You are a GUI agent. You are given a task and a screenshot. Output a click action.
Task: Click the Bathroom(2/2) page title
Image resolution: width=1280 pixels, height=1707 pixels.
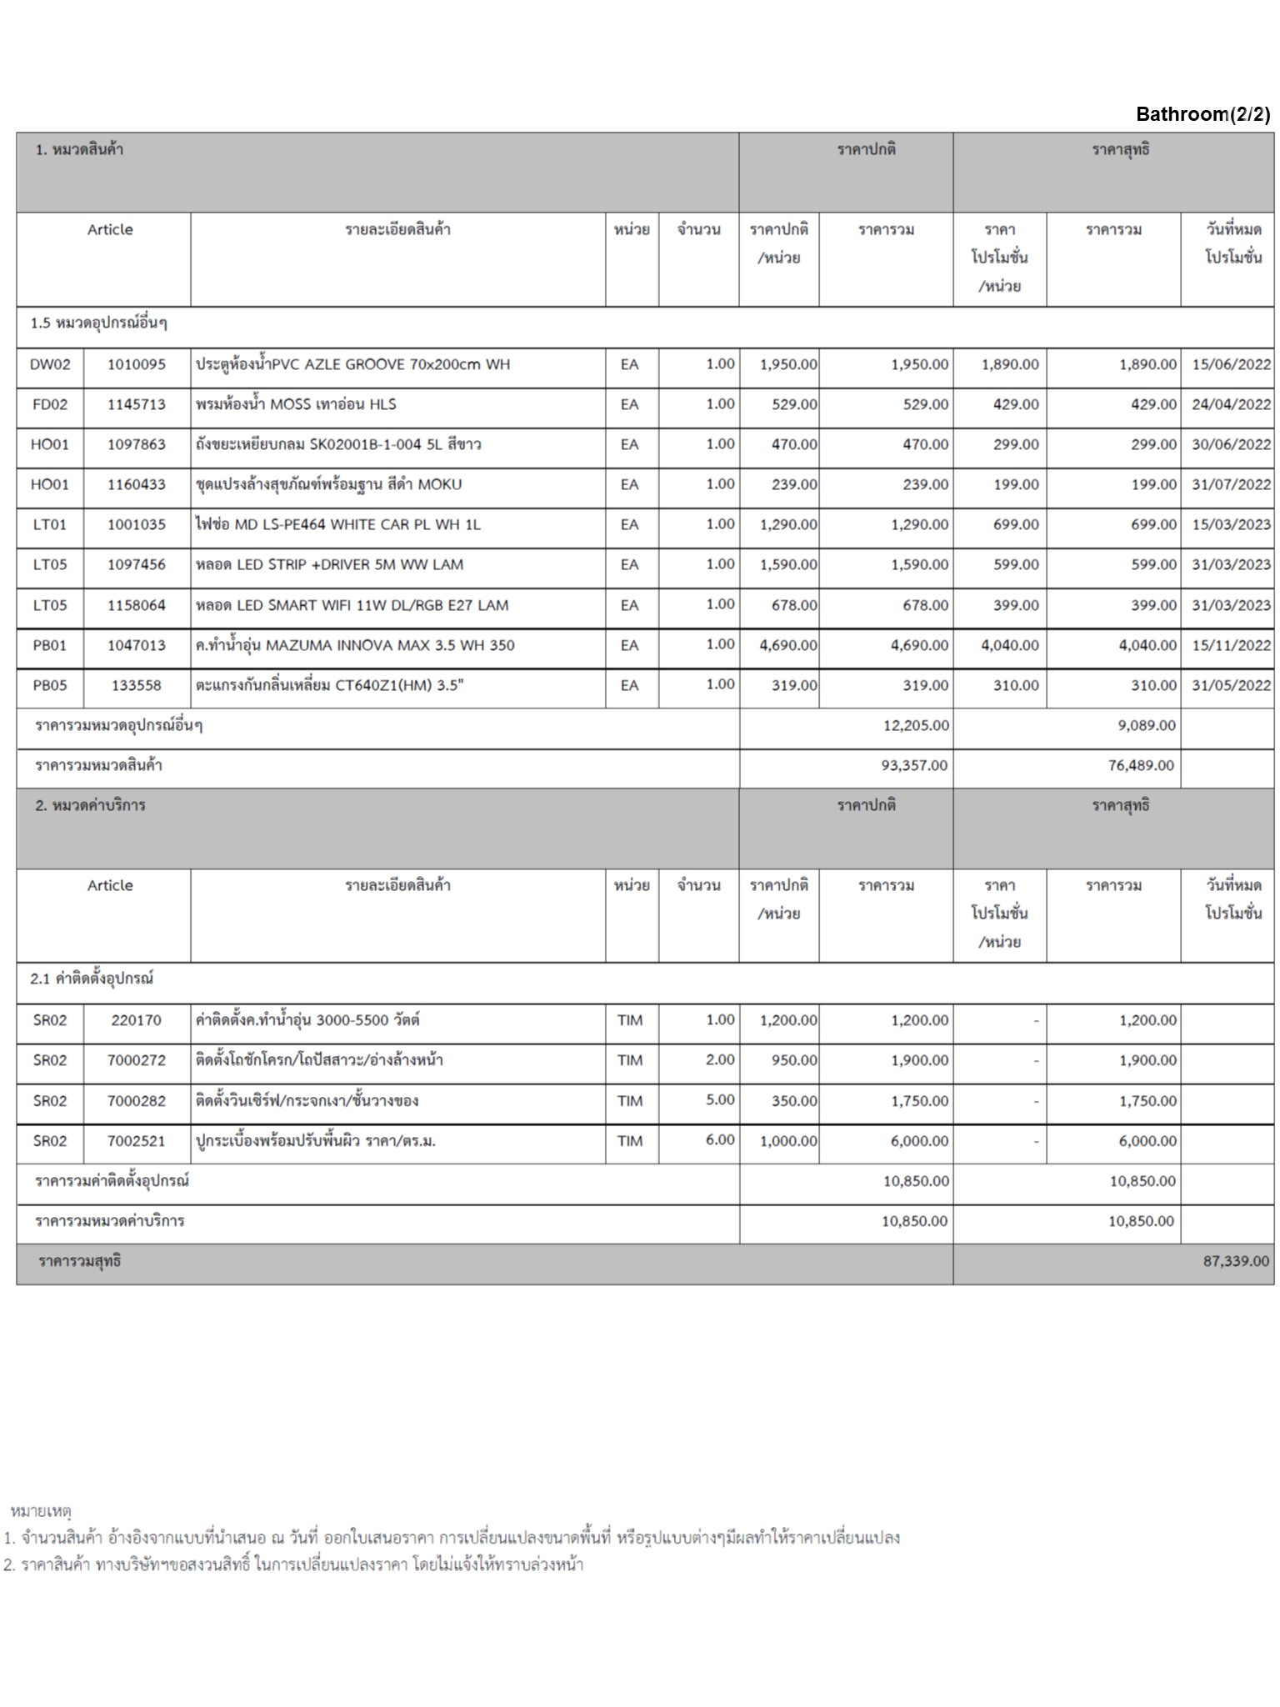[x=1202, y=114]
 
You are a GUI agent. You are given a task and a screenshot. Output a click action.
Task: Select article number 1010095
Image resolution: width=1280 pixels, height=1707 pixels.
[x=136, y=364]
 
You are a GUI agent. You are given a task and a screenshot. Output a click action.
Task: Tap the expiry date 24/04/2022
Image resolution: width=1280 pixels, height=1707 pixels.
[x=1230, y=404]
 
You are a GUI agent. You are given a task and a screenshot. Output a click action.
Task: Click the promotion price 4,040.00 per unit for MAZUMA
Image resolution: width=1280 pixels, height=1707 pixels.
[x=1009, y=645]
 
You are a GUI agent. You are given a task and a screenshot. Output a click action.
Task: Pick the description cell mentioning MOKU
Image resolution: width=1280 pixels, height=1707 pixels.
[x=328, y=484]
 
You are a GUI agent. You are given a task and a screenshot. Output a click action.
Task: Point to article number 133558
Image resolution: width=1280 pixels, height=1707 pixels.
[x=136, y=685]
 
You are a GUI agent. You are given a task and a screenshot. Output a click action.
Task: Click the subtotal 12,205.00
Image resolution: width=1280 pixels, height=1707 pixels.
[x=915, y=725]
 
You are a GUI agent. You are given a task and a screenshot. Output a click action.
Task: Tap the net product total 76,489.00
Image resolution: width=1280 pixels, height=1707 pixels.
[x=1140, y=765]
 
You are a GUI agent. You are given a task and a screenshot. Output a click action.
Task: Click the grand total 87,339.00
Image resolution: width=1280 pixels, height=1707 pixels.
[x=1235, y=1261]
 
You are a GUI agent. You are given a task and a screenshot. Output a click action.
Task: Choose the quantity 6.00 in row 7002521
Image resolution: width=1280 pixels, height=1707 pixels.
[x=719, y=1139]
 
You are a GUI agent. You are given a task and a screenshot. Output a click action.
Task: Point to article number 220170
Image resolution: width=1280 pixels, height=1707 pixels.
[x=136, y=1020]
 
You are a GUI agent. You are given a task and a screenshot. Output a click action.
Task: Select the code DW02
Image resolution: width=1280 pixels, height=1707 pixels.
[x=50, y=364]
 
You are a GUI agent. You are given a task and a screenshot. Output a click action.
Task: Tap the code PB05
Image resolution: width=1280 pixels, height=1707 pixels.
[x=50, y=685]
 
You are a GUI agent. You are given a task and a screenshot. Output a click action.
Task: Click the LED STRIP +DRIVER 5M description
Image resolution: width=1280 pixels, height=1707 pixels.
[x=329, y=564]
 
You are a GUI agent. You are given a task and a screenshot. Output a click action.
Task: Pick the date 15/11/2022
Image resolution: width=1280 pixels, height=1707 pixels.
[x=1230, y=645]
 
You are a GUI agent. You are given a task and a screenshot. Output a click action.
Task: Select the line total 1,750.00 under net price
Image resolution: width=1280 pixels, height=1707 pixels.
[x=1147, y=1100]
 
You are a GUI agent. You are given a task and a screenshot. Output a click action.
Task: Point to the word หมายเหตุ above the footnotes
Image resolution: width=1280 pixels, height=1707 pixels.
[x=41, y=1510]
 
